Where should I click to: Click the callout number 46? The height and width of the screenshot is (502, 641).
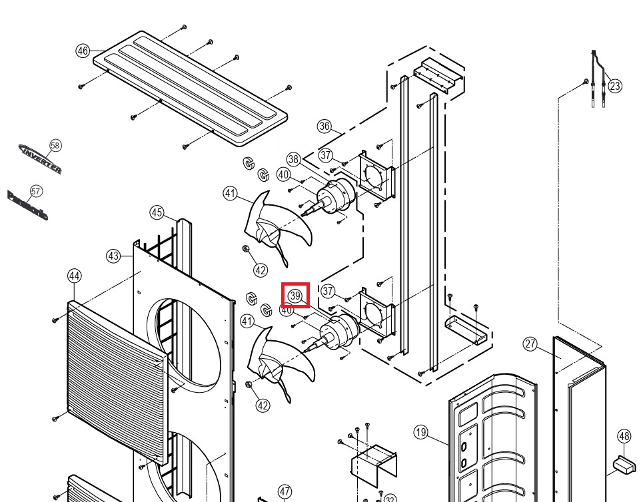(x=83, y=51)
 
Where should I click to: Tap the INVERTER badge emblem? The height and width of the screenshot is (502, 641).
(x=40, y=158)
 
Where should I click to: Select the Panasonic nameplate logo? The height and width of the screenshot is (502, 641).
(x=27, y=205)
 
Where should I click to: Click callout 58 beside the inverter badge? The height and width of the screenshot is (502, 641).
(x=55, y=145)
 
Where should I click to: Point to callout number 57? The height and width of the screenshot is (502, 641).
(x=36, y=191)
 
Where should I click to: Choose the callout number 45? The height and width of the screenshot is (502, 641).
(x=157, y=213)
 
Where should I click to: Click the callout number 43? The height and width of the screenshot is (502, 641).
(x=113, y=256)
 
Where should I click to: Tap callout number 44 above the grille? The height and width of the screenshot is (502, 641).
(x=74, y=276)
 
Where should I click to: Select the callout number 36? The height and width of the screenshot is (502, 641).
(x=324, y=126)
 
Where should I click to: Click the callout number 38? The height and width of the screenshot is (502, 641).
(x=294, y=159)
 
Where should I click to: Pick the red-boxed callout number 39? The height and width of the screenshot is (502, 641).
(x=295, y=295)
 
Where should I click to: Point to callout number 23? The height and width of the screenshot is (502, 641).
(x=615, y=86)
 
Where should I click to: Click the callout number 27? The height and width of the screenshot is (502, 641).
(x=530, y=344)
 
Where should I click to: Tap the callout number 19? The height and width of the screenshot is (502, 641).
(x=420, y=431)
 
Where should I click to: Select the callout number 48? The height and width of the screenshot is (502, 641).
(x=624, y=436)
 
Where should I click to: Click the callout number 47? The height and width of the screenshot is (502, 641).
(x=285, y=491)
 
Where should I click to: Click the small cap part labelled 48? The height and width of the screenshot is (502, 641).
(x=626, y=465)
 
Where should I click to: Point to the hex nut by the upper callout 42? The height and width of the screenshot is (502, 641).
(x=246, y=249)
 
